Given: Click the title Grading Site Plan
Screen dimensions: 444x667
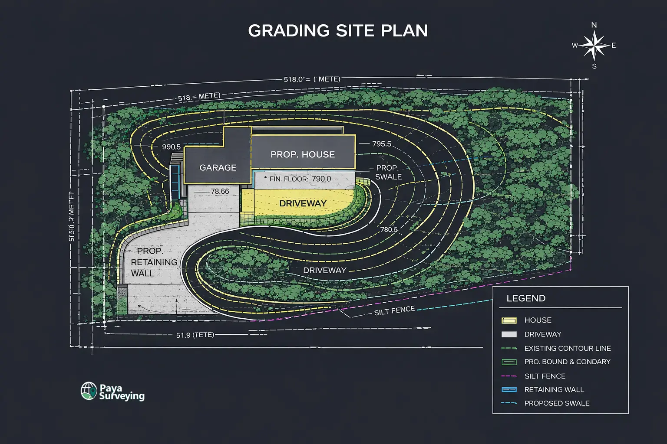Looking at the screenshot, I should (337, 31).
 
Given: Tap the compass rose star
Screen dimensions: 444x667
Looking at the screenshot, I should (594, 46).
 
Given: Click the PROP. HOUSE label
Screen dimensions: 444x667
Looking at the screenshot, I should (303, 154).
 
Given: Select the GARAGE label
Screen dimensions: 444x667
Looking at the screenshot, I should (218, 168).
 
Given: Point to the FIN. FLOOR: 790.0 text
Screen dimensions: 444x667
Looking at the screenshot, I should (300, 179).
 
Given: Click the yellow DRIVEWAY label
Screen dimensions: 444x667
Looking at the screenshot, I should (303, 203).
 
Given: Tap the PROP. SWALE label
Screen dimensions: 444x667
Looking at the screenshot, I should (388, 172).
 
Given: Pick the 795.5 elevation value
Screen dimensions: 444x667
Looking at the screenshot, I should (382, 144).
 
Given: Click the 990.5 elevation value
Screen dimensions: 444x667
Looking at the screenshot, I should (171, 147).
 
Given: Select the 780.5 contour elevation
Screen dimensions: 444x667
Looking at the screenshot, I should (389, 229).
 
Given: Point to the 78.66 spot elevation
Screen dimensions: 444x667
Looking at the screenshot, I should (220, 191).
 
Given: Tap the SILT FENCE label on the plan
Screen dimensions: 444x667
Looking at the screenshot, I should (394, 310).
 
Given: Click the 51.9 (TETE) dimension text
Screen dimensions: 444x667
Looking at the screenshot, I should (195, 335).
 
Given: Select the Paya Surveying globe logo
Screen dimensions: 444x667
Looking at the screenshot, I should (89, 391).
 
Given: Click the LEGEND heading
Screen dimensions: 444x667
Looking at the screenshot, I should (526, 298).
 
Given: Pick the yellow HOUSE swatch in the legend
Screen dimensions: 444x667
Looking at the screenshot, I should (509, 320).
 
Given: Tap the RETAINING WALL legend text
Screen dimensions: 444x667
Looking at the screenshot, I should (554, 390).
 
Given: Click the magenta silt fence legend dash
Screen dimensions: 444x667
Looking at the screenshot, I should (509, 376).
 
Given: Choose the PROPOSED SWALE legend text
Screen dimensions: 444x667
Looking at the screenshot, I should (557, 403).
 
